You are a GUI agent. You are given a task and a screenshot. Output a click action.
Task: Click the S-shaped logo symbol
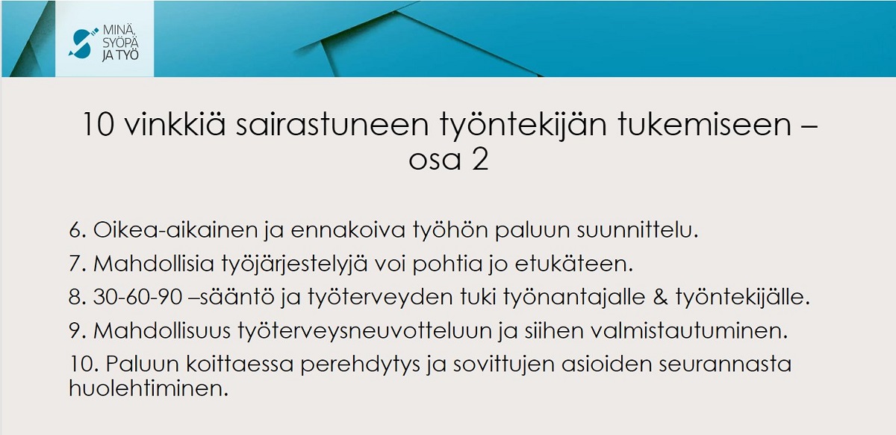pos(83,43)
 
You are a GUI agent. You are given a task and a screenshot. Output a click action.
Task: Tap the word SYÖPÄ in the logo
pos(120,43)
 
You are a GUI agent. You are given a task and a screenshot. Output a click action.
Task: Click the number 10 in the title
pos(99,125)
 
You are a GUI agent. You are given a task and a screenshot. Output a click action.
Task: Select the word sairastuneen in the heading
pos(332,125)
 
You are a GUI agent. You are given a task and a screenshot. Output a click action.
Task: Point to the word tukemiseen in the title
pos(704,125)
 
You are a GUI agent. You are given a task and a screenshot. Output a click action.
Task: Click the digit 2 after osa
pos(480,159)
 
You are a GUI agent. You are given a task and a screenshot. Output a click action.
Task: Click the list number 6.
pos(78,230)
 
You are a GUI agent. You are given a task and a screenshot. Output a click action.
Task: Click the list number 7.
pos(78,264)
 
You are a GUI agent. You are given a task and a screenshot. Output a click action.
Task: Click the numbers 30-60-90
pos(138,297)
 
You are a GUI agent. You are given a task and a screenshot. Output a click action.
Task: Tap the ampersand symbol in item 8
pos(660,297)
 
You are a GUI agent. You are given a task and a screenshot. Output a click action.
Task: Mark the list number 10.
pos(83,364)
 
